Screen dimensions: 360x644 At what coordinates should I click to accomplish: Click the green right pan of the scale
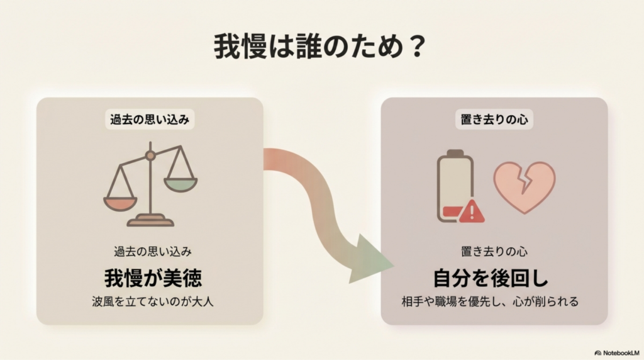point(180,184)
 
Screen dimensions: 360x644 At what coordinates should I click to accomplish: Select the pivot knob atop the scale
point(150,155)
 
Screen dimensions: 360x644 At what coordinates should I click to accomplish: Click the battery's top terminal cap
point(455,153)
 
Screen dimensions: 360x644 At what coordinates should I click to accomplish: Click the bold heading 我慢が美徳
point(150,277)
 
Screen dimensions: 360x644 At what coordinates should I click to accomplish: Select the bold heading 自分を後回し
point(491,277)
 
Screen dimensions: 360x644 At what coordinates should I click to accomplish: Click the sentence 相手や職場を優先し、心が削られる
point(490,301)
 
